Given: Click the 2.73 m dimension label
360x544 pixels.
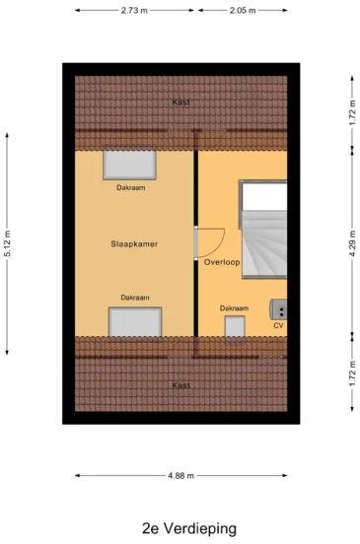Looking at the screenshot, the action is tap(134, 11).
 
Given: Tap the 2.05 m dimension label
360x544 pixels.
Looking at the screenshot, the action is tap(243, 11).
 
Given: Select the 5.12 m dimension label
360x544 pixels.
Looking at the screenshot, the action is tap(7, 243).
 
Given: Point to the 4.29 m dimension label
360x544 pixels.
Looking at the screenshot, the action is tap(352, 243).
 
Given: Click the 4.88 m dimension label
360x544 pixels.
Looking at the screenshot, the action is tap(180, 476).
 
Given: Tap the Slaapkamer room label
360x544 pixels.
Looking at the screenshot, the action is tap(134, 243).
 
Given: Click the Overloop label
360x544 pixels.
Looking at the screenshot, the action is tap(222, 262).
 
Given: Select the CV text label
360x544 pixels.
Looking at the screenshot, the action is tap(278, 325).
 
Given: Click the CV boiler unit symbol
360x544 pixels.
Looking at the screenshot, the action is tap(278, 309).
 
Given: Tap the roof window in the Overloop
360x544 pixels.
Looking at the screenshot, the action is tap(235, 326).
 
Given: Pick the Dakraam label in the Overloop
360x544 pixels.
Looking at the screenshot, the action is tap(234, 308).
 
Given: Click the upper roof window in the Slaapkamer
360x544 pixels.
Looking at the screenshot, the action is tap(129, 166).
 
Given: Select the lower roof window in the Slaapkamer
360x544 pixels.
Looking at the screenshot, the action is tap(135, 321).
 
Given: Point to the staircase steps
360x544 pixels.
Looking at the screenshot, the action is tap(264, 244).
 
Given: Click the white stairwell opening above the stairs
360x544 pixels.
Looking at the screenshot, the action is tap(264, 196).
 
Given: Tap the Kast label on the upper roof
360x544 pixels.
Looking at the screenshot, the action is tap(180, 102).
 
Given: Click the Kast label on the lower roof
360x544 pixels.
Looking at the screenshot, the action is tap(180, 385).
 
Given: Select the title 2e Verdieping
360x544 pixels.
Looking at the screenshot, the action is tap(189, 528).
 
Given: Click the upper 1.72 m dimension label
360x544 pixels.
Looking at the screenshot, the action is tap(352, 112).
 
